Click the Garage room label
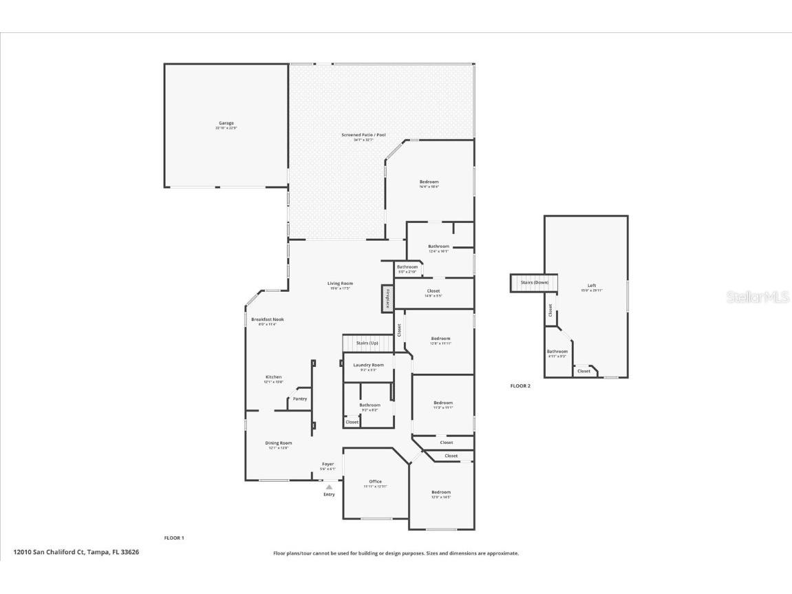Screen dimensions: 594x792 click(226, 123)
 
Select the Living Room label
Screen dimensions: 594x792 click(340, 284)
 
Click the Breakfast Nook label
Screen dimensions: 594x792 click(267, 319)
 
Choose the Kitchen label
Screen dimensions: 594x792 click(274, 377)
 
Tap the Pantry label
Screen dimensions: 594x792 click(300, 399)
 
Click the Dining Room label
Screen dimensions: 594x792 click(279, 443)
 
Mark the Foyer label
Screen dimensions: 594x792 click(328, 464)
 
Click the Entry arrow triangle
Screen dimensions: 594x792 click(329, 487)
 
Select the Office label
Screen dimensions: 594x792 click(375, 481)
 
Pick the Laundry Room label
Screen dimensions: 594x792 click(368, 365)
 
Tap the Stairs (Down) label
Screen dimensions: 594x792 click(535, 282)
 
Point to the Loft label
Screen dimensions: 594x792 click(592, 286)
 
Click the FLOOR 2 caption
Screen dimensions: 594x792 click(520, 386)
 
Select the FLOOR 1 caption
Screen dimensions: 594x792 click(174, 538)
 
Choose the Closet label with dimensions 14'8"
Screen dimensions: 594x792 click(434, 291)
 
